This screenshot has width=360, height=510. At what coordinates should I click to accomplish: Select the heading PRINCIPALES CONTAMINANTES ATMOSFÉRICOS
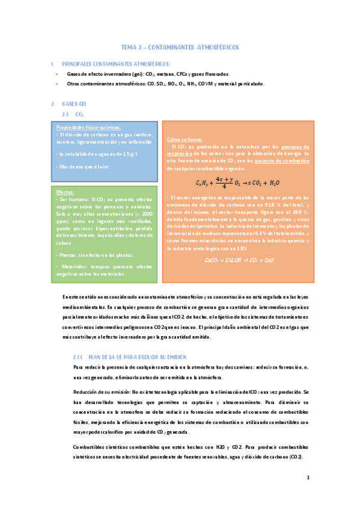pos(116,64)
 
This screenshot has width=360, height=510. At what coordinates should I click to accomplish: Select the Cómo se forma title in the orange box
pos(185,139)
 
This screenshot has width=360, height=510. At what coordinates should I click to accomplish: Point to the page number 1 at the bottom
pos(308,478)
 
